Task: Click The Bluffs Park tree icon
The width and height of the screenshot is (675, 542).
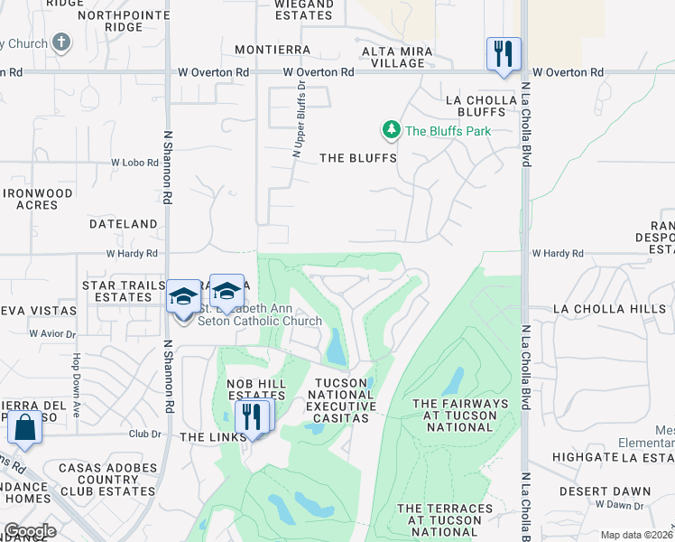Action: click(391, 131)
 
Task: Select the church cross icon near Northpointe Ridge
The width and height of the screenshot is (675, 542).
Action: click(61, 42)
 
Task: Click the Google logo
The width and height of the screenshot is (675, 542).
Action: click(30, 531)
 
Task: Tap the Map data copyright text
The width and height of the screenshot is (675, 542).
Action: click(636, 535)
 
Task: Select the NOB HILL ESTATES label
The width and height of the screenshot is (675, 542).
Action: click(256, 390)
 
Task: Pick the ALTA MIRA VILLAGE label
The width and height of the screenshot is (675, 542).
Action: click(393, 57)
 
